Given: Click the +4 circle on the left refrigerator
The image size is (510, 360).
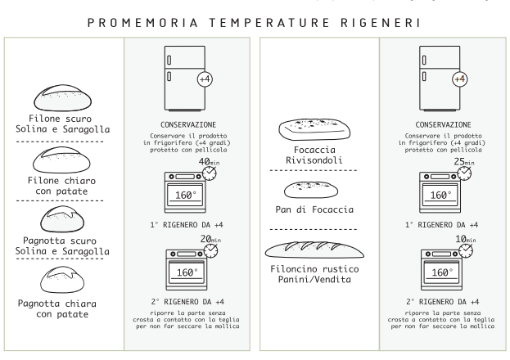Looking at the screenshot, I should [x=205, y=79].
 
